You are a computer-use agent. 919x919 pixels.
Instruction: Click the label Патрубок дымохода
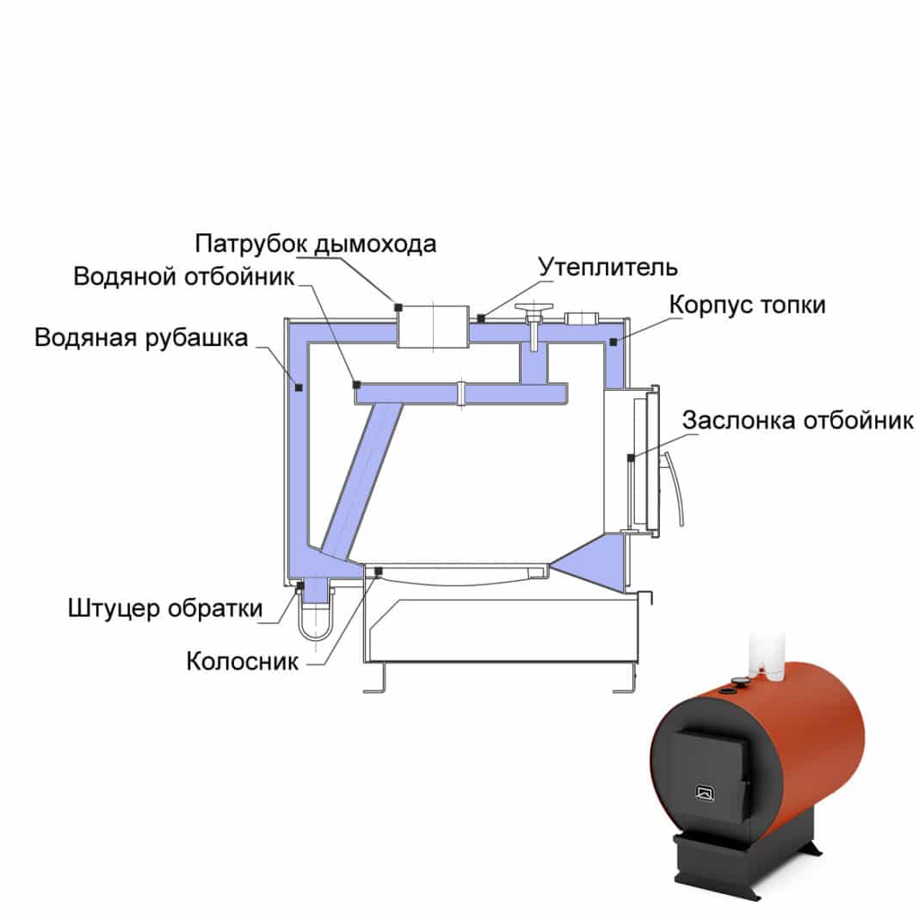pos(315,244)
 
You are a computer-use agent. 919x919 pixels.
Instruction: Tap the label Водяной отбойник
pos(184,276)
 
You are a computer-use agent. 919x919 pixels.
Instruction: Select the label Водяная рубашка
pos(141,337)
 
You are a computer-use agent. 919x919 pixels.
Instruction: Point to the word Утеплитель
pos(608,268)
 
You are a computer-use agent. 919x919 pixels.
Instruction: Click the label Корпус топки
pos(747,305)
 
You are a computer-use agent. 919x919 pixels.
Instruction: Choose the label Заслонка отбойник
pos(798,420)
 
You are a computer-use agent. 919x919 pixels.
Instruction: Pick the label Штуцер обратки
pos(165,608)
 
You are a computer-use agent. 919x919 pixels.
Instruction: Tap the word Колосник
pos(243,662)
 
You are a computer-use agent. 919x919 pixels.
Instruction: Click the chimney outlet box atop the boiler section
pos(433,326)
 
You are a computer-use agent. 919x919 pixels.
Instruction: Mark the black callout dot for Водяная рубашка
pos(299,387)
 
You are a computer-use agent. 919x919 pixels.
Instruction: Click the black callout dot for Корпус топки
pos(613,342)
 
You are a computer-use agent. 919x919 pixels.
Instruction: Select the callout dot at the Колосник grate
pos(378,571)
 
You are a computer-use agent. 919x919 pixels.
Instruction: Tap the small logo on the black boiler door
pos(705,793)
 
